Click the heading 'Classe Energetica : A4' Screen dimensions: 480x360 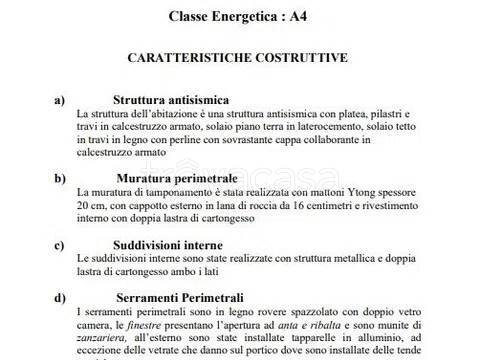[x=237, y=15]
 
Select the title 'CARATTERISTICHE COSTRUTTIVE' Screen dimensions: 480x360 [x=237, y=58]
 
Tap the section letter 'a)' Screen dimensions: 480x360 [x=58, y=100]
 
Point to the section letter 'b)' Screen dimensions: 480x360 [x=58, y=177]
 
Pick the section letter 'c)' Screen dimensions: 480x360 [x=58, y=243]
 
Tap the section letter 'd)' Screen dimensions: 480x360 [x=58, y=296]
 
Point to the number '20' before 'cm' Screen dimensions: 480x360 [x=82, y=204]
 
